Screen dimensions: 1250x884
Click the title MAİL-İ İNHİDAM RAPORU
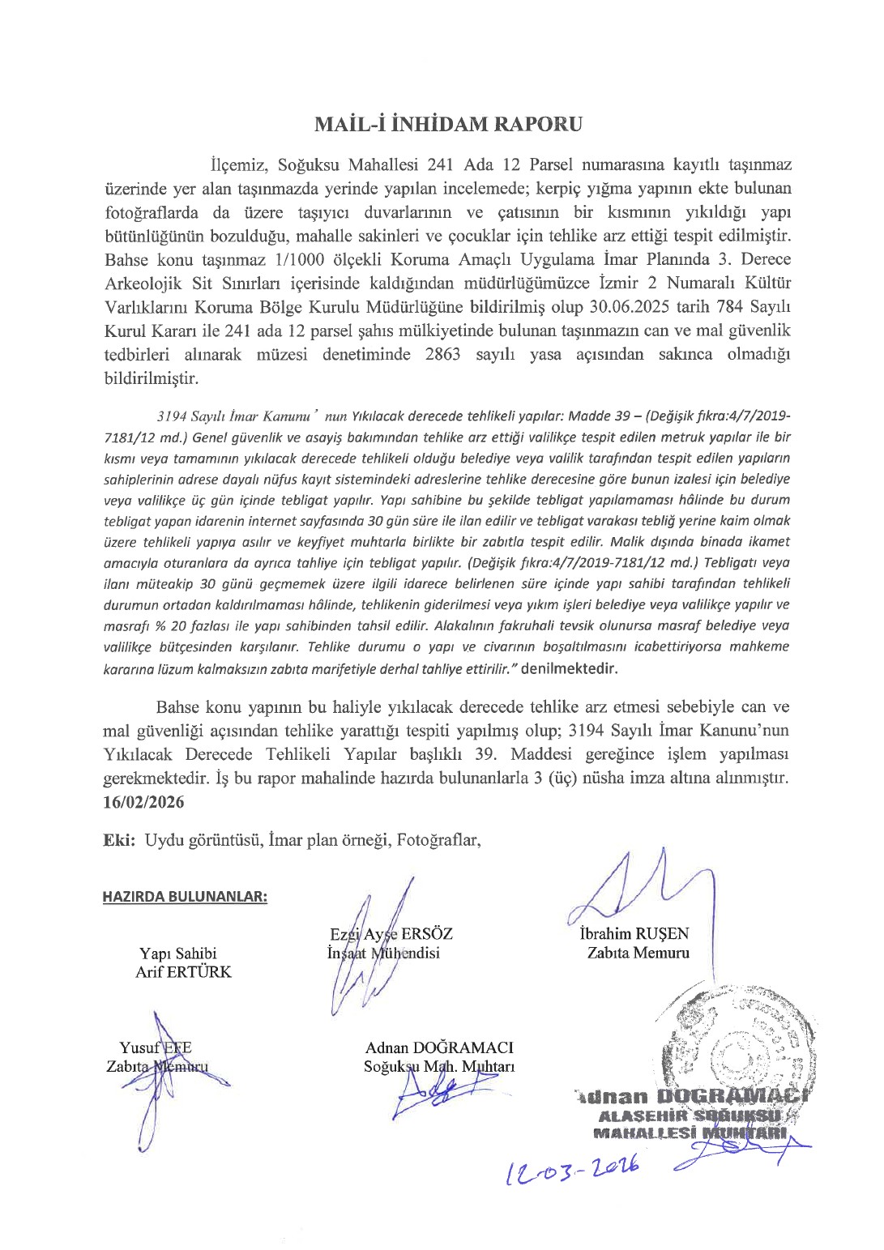tap(448, 124)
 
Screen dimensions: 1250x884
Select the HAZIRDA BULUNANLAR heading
tap(185, 896)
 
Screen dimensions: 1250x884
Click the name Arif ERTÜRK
tap(183, 971)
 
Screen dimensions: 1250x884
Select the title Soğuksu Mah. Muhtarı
tap(438, 1066)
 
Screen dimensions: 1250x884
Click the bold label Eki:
tap(119, 839)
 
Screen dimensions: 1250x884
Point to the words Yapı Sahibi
tap(177, 953)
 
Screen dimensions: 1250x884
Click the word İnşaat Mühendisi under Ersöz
tap(383, 953)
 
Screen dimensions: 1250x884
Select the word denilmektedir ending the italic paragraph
tap(570, 668)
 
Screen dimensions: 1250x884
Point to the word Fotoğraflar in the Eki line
tap(438, 839)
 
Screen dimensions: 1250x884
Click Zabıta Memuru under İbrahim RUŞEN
tap(638, 953)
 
